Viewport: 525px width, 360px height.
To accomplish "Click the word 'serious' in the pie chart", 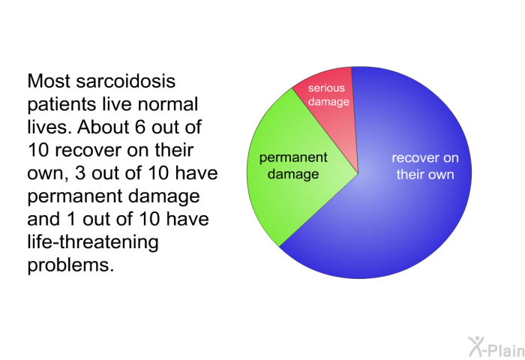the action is (326, 88).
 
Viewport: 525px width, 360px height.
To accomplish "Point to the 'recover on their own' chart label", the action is (425, 166).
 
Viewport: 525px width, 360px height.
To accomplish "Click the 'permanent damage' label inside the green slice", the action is (293, 166).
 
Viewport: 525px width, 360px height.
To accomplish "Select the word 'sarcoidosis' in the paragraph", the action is (125, 81).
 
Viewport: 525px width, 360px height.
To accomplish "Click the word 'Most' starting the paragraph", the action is (49, 81).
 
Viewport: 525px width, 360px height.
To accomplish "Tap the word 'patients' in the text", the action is (62, 104).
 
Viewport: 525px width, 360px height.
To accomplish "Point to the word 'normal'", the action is (168, 104).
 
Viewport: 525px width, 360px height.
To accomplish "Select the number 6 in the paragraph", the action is (141, 127).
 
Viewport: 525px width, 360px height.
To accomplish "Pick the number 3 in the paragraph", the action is (80, 173).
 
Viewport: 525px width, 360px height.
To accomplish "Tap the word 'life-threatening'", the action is (93, 242).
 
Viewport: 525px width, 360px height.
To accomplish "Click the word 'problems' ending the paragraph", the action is (70, 265).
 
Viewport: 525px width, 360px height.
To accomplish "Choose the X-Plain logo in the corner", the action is (496, 347).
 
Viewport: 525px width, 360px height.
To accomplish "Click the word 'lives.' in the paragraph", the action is (49, 127).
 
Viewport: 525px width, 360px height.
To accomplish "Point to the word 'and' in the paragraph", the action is (44, 219).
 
